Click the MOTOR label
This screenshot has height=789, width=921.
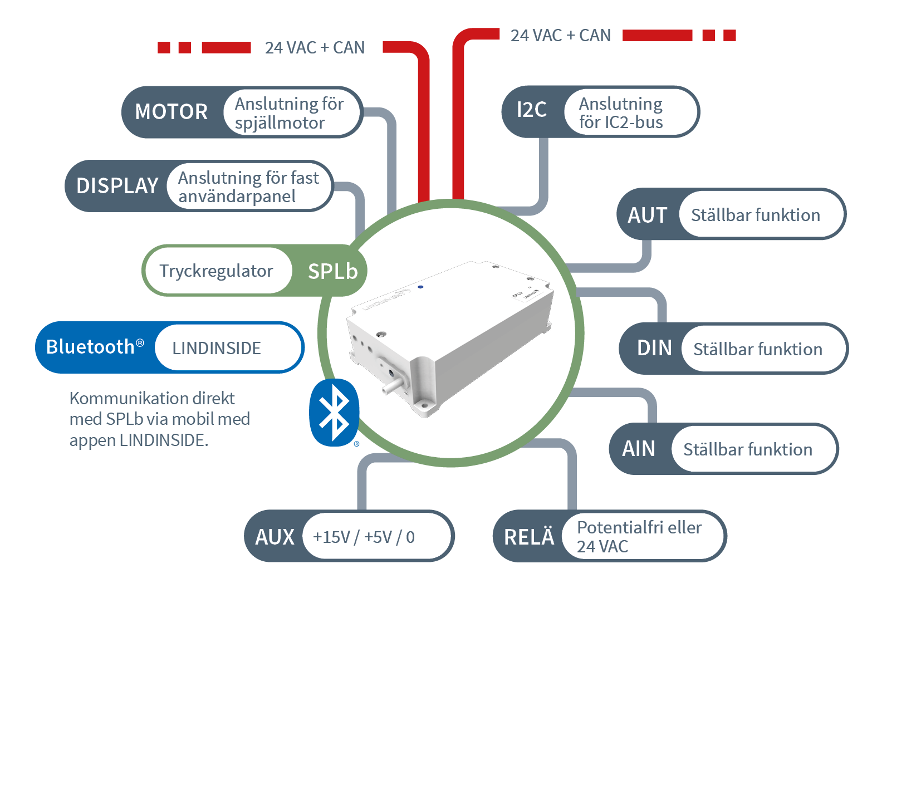(171, 112)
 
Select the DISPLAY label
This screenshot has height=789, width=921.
(117, 186)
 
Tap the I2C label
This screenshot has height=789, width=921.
(532, 110)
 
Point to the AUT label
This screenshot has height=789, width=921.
(647, 215)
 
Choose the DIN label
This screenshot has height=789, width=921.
(654, 349)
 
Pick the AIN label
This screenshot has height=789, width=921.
(639, 449)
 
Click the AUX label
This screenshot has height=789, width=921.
(275, 537)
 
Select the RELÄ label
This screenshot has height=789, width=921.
(529, 537)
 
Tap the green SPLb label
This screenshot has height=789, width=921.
(332, 271)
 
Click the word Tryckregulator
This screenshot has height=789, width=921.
(216, 271)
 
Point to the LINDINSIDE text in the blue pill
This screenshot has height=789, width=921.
(216, 349)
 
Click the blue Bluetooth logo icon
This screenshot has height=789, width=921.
(334, 413)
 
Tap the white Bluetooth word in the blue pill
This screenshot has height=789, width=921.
(91, 347)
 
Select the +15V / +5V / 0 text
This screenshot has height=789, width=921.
(364, 537)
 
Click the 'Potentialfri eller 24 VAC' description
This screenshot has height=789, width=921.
(639, 537)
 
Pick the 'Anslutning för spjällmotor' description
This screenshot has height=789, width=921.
(289, 113)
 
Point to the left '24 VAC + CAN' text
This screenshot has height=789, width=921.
(315, 48)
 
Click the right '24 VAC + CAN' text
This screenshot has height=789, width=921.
(560, 36)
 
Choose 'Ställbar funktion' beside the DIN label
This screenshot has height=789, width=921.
(757, 349)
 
